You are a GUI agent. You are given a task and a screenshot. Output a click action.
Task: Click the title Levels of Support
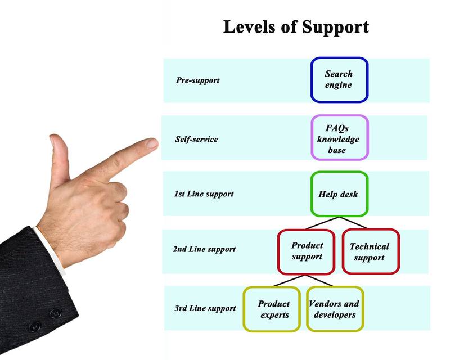[296, 27]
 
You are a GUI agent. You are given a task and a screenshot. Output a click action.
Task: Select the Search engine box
[339, 79]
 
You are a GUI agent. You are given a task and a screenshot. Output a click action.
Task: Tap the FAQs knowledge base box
[339, 138]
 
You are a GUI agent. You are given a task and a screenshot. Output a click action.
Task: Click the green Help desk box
[339, 195]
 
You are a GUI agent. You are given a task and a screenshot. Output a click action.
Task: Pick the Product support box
[307, 251]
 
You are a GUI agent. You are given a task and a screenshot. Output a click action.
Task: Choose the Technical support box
[370, 251]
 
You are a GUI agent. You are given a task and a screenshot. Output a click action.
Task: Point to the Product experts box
[273, 309]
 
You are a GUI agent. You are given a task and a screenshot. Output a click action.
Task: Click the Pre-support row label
[198, 80]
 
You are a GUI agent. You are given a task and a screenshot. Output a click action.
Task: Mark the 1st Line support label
[204, 194]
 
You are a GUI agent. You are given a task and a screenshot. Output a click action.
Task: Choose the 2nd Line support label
[204, 249]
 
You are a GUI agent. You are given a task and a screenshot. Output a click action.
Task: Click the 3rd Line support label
[205, 308]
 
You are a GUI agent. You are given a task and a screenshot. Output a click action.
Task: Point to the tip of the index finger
[152, 144]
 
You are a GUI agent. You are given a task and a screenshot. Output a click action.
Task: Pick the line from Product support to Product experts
[286, 281]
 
